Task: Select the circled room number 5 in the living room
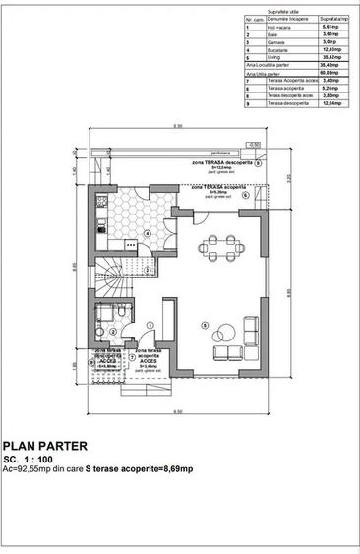tap(204, 326)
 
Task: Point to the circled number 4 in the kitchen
tap(148, 233)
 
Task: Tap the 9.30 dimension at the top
tap(178, 127)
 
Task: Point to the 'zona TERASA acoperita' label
tap(218, 186)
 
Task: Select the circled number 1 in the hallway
tap(149, 325)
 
